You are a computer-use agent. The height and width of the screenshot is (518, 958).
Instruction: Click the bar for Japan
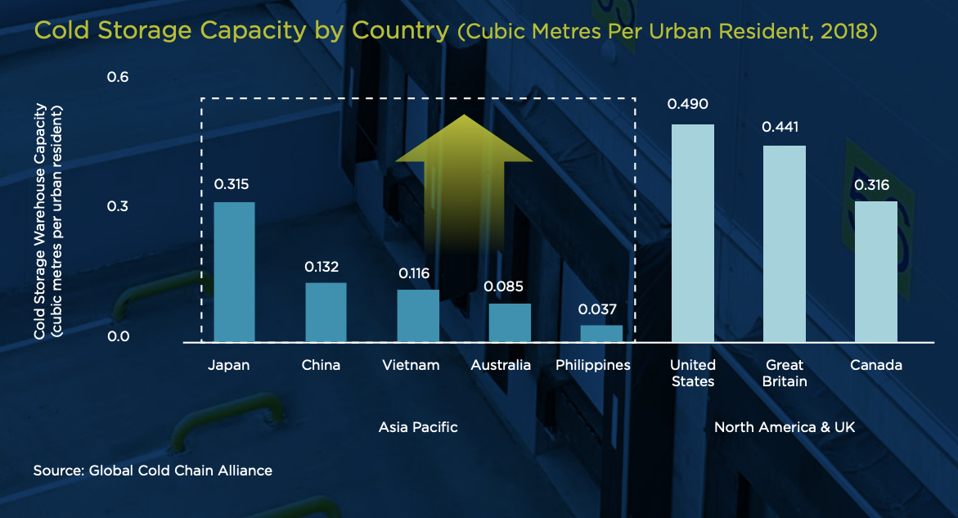[234, 272]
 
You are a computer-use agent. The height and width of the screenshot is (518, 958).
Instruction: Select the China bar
[326, 312]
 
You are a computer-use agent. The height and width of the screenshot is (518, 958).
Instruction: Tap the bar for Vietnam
[418, 315]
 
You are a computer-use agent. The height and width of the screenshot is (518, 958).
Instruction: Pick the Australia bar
[510, 322]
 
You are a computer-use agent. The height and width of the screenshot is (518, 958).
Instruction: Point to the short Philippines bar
[601, 333]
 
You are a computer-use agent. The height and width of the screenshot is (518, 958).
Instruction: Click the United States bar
[693, 233]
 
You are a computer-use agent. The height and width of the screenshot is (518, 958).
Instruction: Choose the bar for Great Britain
[785, 244]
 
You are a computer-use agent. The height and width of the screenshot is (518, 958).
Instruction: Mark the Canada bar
[876, 272]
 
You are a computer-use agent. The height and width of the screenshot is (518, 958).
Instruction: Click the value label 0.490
[688, 104]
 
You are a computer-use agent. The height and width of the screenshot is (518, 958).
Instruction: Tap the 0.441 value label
[780, 127]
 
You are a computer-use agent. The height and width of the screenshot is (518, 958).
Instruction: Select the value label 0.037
[596, 309]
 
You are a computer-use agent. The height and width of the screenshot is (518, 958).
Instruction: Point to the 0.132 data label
[322, 267]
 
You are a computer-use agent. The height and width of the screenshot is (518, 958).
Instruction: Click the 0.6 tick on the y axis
[119, 77]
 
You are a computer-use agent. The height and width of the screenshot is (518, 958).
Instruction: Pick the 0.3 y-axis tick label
[119, 206]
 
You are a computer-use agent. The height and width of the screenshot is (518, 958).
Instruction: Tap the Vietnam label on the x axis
[411, 365]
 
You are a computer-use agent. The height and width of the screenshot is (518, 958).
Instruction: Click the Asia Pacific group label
[418, 427]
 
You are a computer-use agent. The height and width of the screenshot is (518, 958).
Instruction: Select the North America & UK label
[785, 427]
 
